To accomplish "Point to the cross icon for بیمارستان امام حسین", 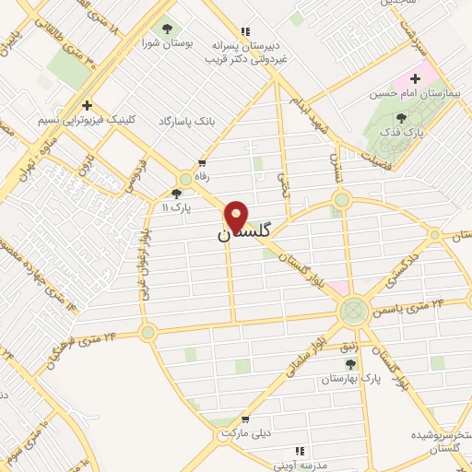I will click(x=416, y=79).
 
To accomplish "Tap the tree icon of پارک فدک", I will click(x=400, y=117).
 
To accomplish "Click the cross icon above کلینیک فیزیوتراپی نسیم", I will click(x=87, y=106).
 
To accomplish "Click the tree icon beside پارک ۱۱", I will click(x=176, y=194).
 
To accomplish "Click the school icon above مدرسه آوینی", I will click(x=299, y=451).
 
